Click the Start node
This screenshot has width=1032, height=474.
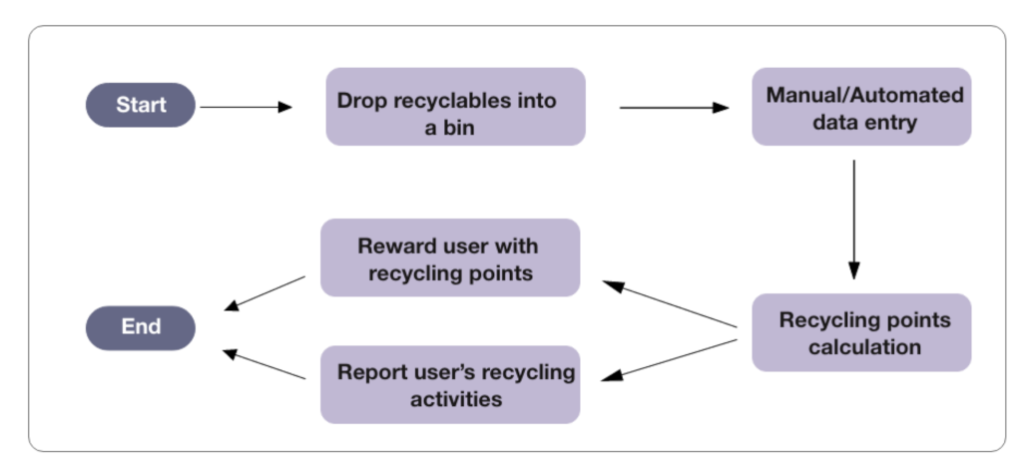pos(141,105)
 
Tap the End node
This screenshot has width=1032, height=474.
pos(141,327)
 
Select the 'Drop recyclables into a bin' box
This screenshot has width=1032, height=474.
pos(455,107)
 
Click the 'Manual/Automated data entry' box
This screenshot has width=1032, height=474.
pos(860,107)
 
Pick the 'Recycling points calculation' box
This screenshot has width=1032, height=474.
pos(860,333)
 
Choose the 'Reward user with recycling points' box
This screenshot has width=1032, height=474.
pos(450,257)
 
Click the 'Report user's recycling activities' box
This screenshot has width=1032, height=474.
pos(450,384)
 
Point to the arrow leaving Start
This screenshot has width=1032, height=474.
pos(246,106)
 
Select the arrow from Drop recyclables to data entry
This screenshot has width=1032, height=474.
pos(674,106)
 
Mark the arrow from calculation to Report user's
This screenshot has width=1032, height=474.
pos(671,358)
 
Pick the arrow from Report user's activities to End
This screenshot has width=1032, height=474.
pos(264,364)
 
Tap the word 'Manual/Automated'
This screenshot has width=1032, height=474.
pos(864,95)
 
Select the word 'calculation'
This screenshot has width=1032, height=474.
pos(864,347)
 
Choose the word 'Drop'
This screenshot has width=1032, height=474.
pos(360,102)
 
